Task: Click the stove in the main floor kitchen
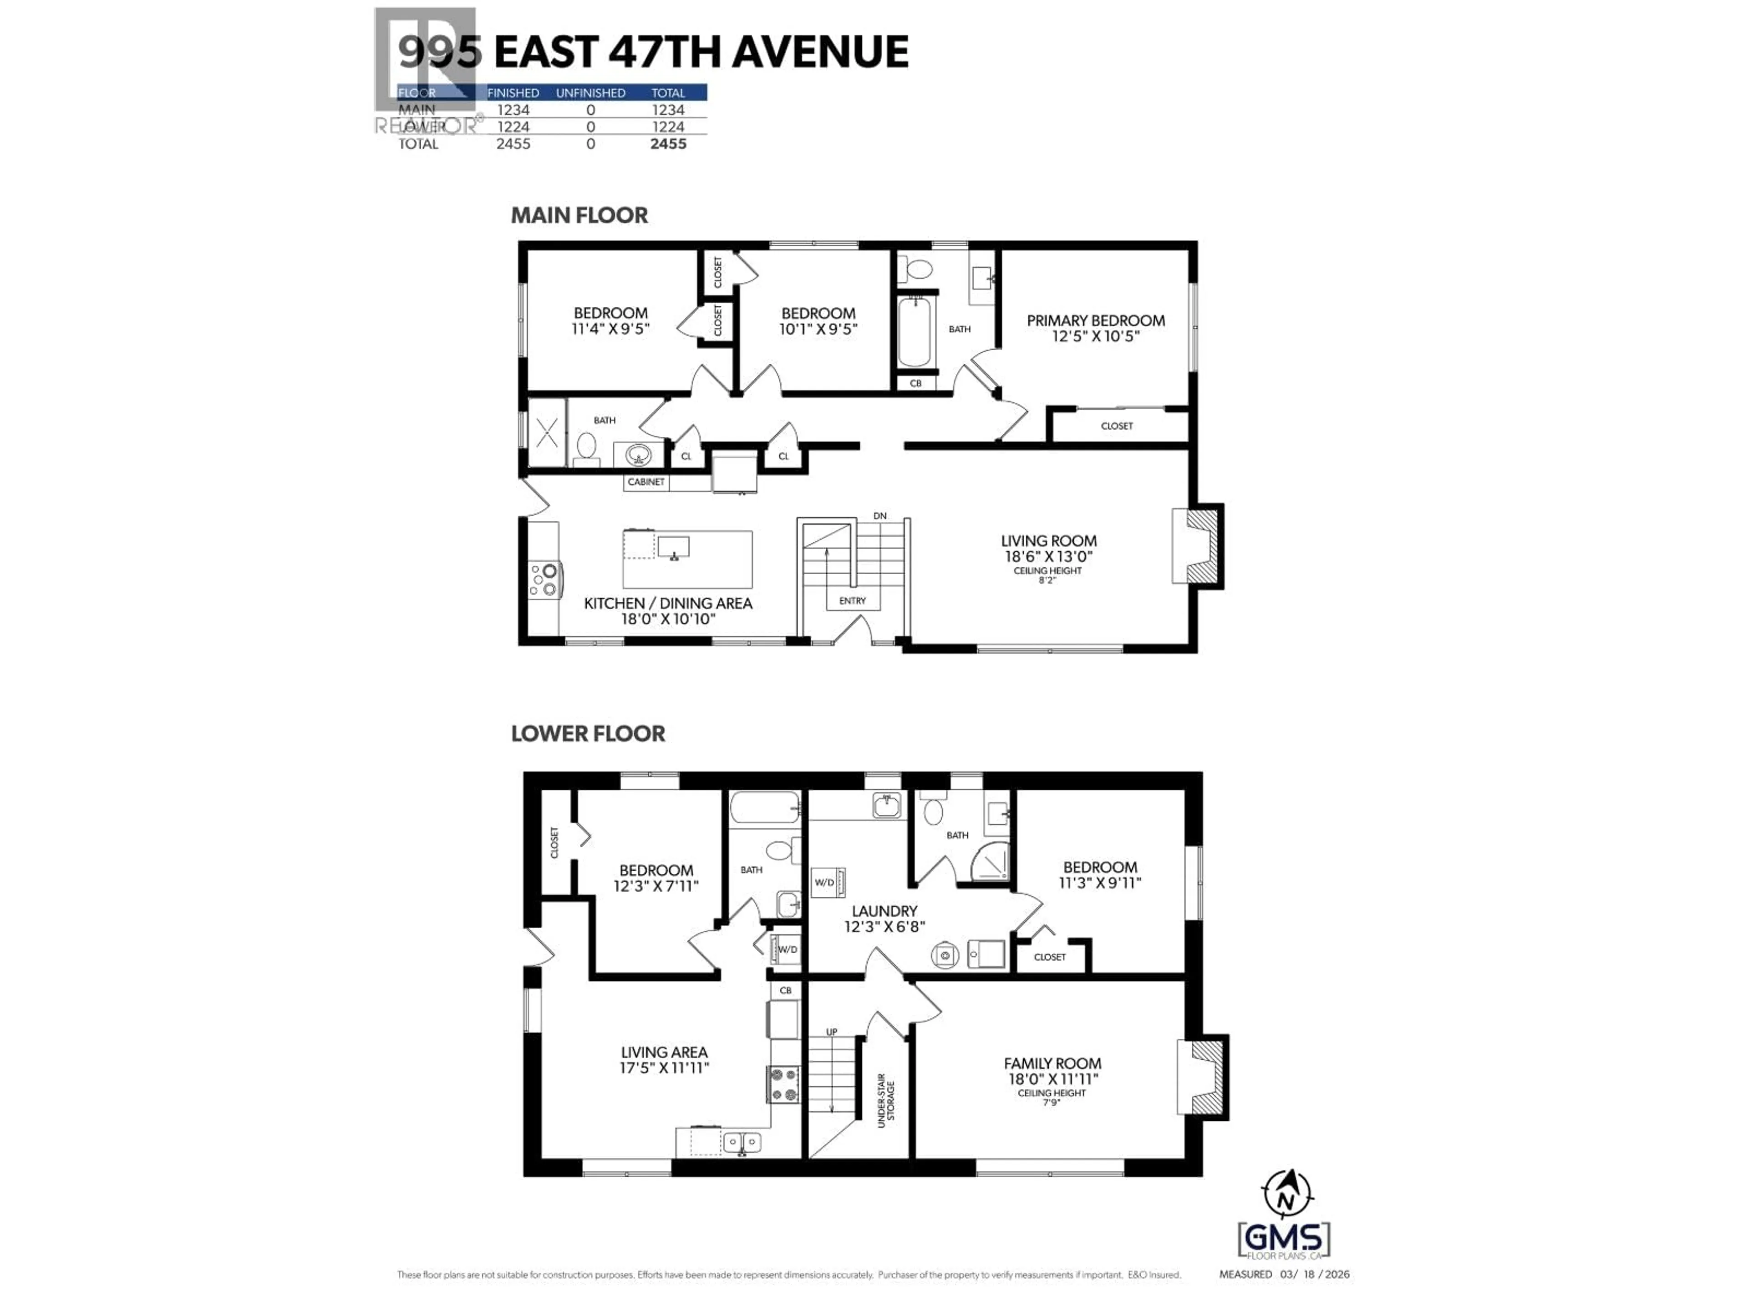pos(544,579)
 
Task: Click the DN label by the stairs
pos(879,516)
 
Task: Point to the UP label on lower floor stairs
pos(831,1032)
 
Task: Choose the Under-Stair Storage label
pos(886,1099)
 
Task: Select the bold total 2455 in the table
pos(668,144)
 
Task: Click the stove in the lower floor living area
pos(783,1084)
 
